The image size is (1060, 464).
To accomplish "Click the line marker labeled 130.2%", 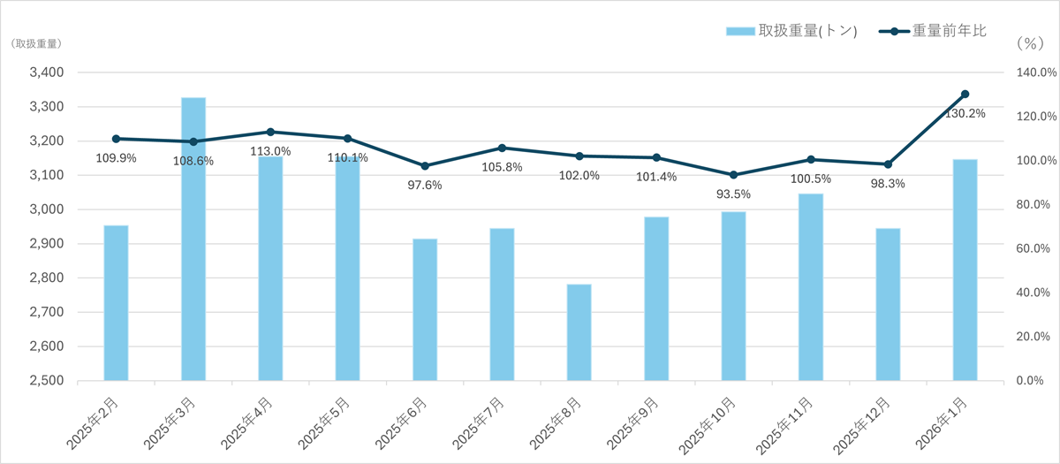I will point(965,94).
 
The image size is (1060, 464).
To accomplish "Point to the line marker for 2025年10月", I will point(733,175).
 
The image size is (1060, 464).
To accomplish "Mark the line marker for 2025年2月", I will point(117,139).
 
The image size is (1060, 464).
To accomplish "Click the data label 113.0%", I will point(270,151).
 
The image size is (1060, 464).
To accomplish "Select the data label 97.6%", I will point(424,185).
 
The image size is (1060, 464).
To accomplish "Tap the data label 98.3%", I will point(888,183).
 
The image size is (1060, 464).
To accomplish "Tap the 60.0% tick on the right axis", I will point(1029,248).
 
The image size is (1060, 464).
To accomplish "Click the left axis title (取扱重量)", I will point(36,42).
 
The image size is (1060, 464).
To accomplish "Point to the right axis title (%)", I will point(1029,42).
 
